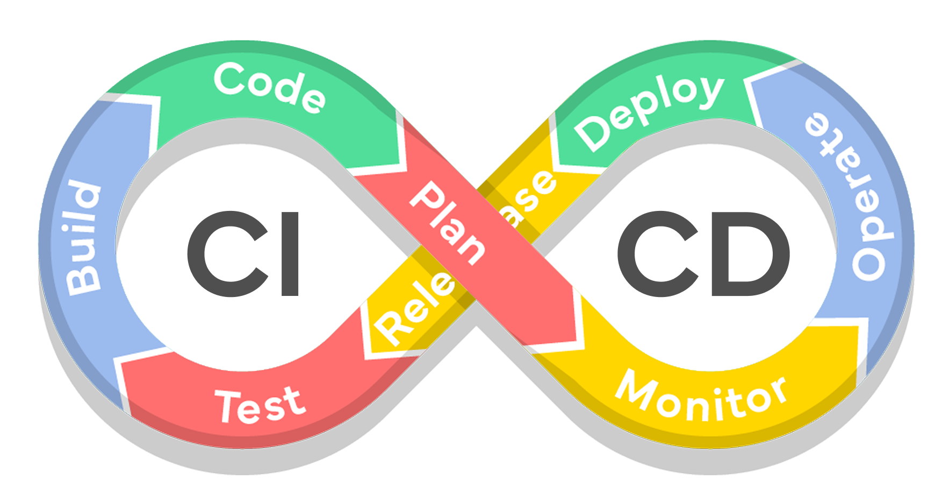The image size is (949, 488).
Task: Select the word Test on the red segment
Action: [261, 405]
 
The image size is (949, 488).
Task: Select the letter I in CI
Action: [290, 253]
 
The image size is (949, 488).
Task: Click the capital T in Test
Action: [228, 407]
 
